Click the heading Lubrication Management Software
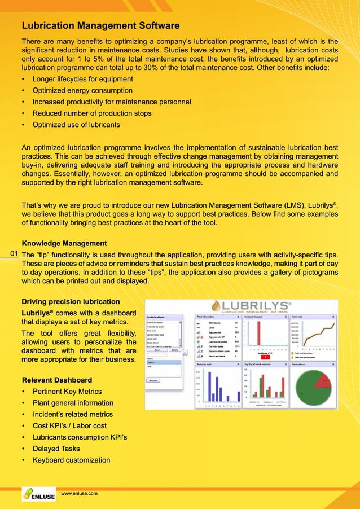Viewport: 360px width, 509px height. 100,25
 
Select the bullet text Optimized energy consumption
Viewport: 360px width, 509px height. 82,90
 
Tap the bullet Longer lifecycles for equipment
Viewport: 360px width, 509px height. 82,79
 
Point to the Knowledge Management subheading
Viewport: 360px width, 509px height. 64,243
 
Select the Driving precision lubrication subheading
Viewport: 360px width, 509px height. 71,301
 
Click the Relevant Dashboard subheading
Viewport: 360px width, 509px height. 56,380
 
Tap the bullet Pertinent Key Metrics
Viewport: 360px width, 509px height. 67,392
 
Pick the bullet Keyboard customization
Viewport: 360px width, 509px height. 71,460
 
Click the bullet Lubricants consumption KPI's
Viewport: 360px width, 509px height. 80,437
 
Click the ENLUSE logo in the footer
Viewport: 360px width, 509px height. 38,495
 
